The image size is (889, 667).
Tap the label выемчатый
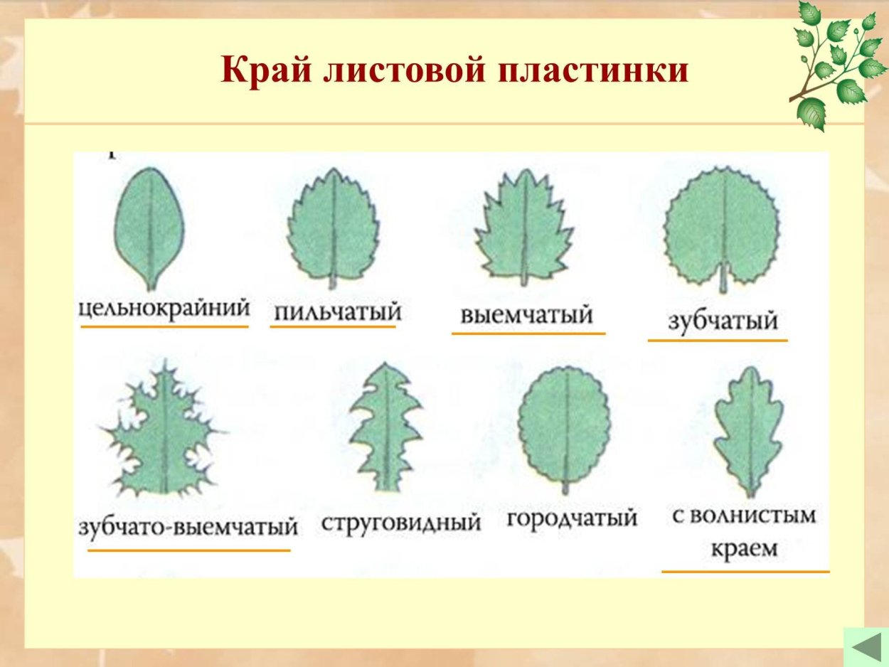[x=526, y=314]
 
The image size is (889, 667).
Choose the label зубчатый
[x=723, y=321]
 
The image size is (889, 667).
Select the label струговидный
[x=401, y=523]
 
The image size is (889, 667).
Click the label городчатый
[x=572, y=518]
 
